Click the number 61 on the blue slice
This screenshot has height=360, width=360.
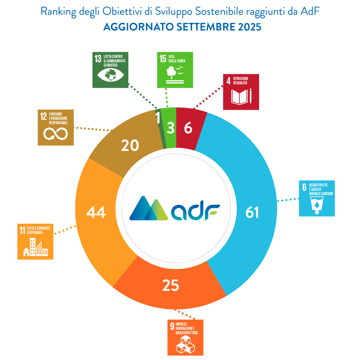click(252, 212)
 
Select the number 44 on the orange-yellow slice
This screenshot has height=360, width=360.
click(96, 212)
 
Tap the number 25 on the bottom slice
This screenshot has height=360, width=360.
click(171, 286)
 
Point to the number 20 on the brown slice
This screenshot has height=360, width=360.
click(130, 145)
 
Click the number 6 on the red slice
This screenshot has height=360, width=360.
click(188, 129)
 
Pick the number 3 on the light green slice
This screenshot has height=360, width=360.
click(171, 129)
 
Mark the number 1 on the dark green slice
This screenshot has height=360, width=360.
click(158, 118)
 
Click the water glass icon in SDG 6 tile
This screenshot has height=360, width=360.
click(316, 205)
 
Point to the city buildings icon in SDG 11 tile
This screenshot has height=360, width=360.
click(35, 247)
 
